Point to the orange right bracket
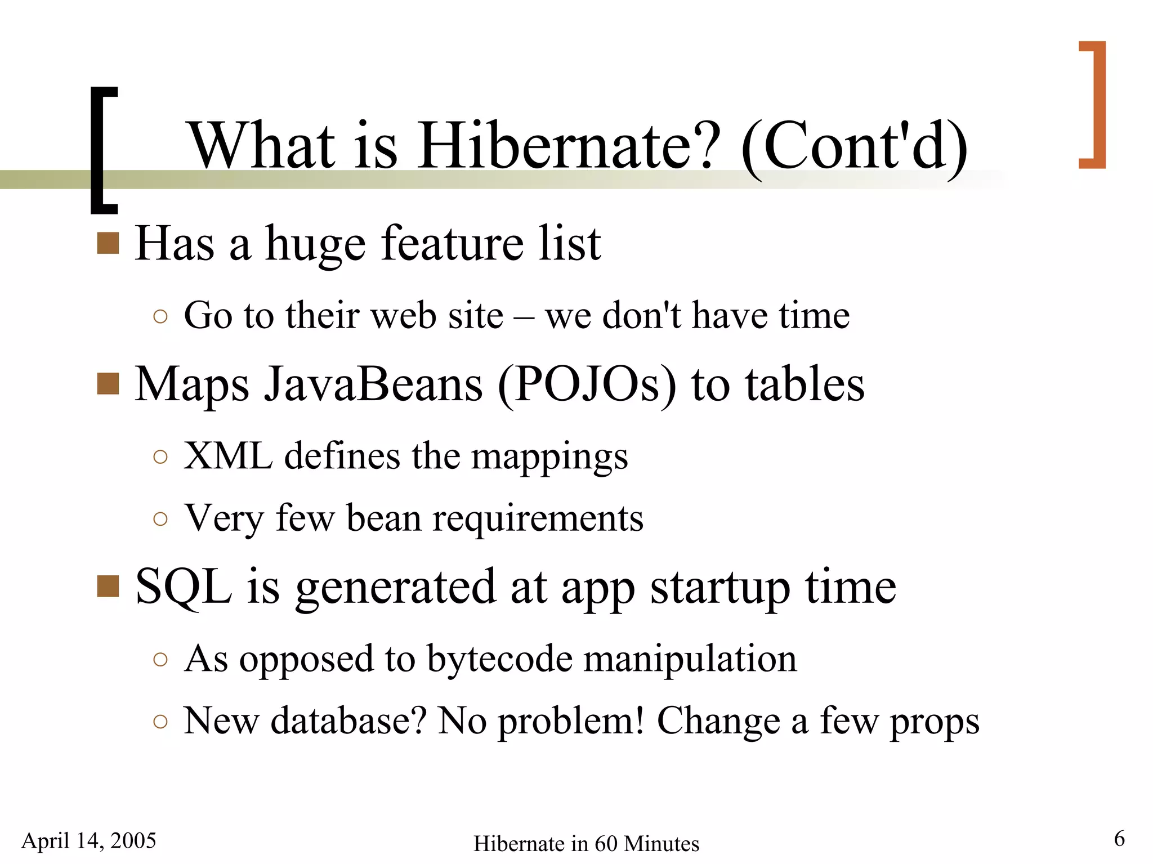tap(1096, 105)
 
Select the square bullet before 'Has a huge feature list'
tap(108, 243)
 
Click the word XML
tap(228, 455)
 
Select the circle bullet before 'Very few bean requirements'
tap(160, 518)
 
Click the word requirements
tap(538, 518)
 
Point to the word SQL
tap(184, 587)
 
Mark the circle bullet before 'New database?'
tap(160, 721)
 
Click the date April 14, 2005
tap(89, 841)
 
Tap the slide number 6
tap(1119, 839)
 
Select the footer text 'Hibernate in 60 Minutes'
tap(586, 844)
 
